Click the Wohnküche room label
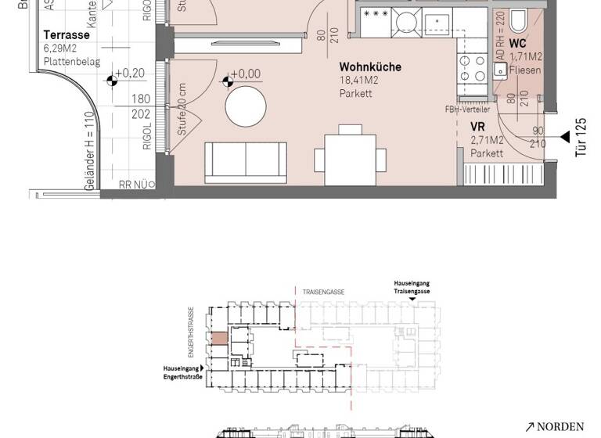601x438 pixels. [x=370, y=67]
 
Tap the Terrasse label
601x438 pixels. [x=67, y=35]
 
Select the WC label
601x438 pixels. [x=517, y=44]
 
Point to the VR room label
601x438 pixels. [x=477, y=127]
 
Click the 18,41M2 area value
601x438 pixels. [x=359, y=81]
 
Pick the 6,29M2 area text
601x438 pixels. [x=62, y=48]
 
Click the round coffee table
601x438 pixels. [x=247, y=105]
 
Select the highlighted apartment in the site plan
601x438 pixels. [x=220, y=339]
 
